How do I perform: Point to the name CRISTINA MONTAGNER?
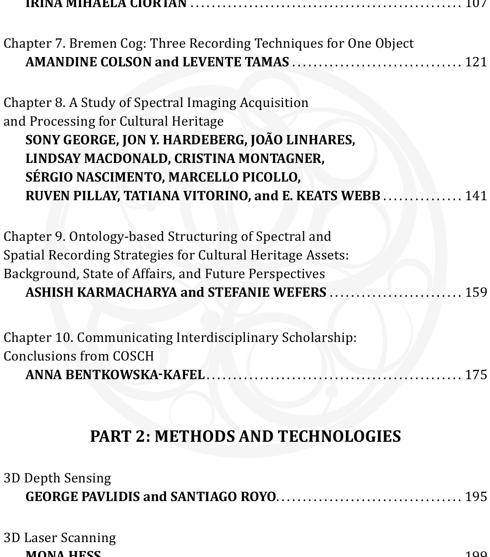[x=249, y=159]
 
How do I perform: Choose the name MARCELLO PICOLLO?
[x=234, y=177]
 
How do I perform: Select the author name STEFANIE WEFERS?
[x=267, y=292]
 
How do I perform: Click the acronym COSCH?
[x=133, y=356]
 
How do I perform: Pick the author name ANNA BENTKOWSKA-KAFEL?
[x=115, y=374]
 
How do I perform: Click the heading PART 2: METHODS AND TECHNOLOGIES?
[x=245, y=436]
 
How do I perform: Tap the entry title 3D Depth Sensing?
[x=57, y=478]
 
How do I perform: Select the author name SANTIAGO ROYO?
[x=223, y=497]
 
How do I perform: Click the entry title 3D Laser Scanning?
[x=60, y=538]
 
